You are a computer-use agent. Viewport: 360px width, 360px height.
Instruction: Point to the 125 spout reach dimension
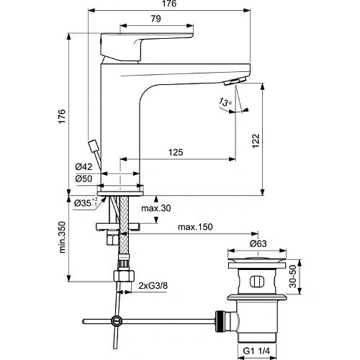[176, 152]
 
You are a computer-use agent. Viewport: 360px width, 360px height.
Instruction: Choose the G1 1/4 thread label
[258, 351]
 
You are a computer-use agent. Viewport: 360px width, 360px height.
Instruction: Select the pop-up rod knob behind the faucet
[93, 145]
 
